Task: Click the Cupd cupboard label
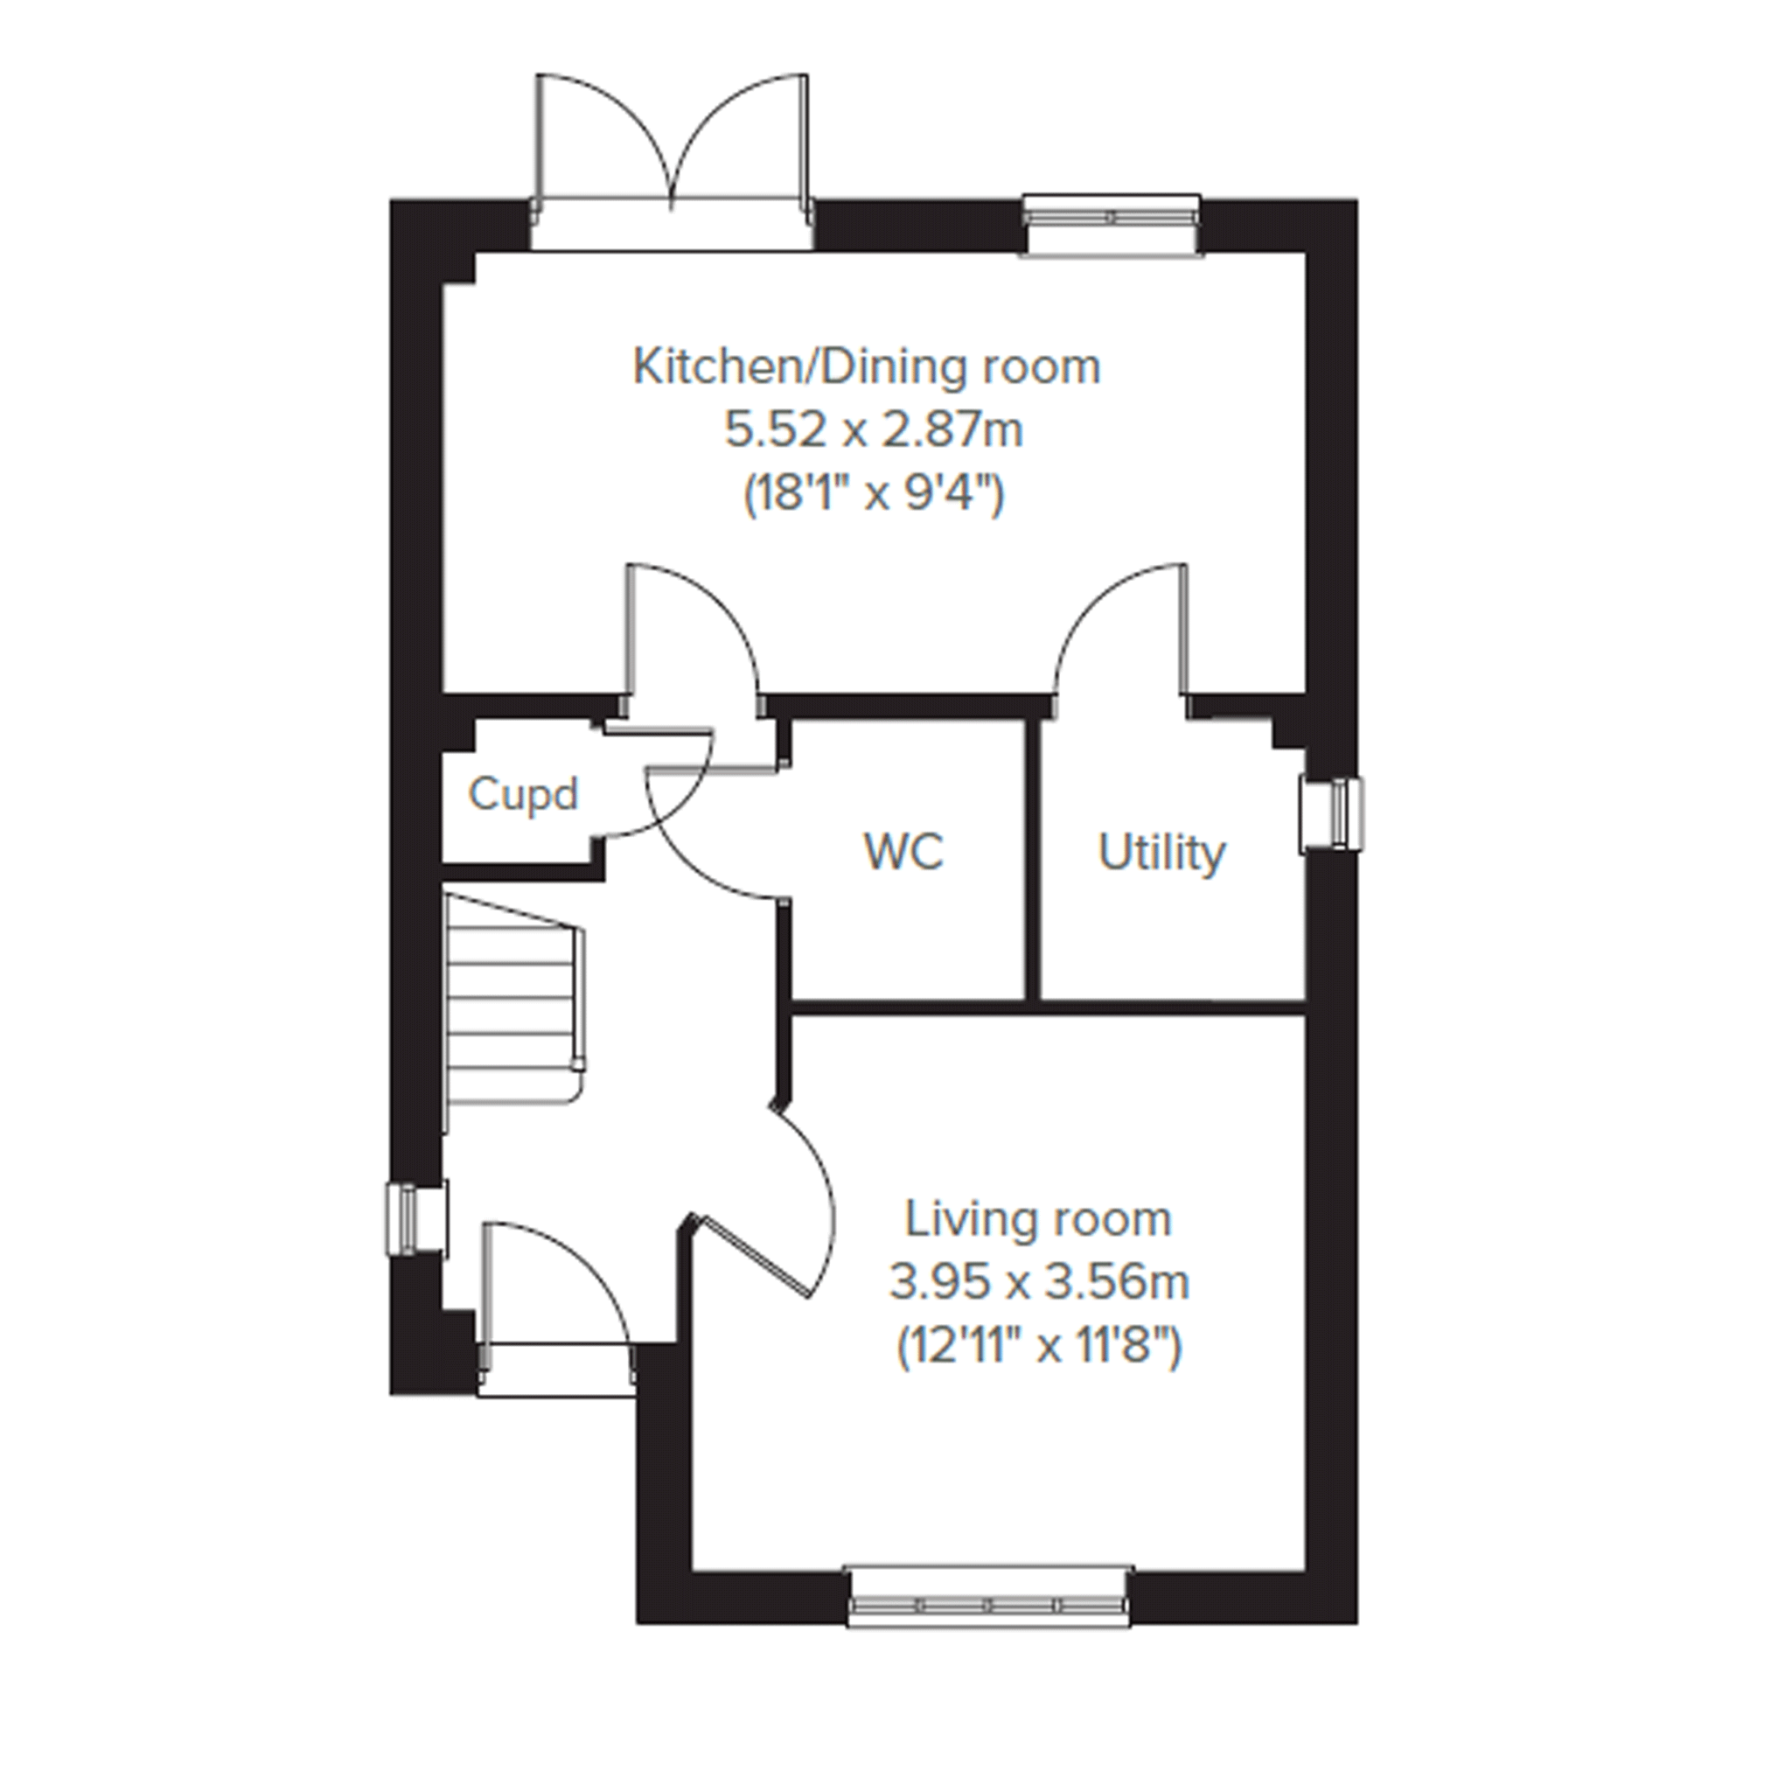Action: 523,793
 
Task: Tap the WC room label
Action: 903,852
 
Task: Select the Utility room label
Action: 1161,854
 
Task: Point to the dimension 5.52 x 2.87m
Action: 875,430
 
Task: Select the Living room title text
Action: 1039,1220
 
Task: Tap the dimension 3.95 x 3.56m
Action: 1040,1282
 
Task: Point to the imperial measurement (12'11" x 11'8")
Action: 1039,1347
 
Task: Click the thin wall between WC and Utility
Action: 1032,860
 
